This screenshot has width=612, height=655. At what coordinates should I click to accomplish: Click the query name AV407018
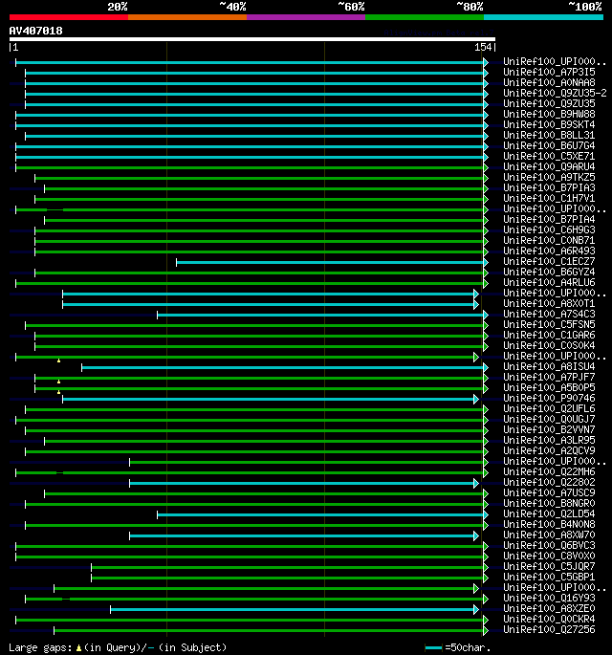pos(36,31)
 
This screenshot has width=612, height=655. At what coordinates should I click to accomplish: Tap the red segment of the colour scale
pos(68,16)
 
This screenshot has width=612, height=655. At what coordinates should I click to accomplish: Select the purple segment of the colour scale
pos(305,16)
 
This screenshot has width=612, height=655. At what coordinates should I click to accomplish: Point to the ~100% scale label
pos(584,6)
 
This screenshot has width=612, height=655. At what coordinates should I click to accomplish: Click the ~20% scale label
pos(118,6)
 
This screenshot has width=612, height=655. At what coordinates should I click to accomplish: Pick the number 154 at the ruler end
pos(483,47)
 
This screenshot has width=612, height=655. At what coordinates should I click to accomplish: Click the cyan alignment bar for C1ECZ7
pos(330,261)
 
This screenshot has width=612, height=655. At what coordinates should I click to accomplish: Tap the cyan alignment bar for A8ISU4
pos(282,366)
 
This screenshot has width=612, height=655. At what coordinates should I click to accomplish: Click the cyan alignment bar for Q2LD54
pos(320,513)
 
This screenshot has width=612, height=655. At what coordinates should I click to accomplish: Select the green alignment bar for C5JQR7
pos(287,566)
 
